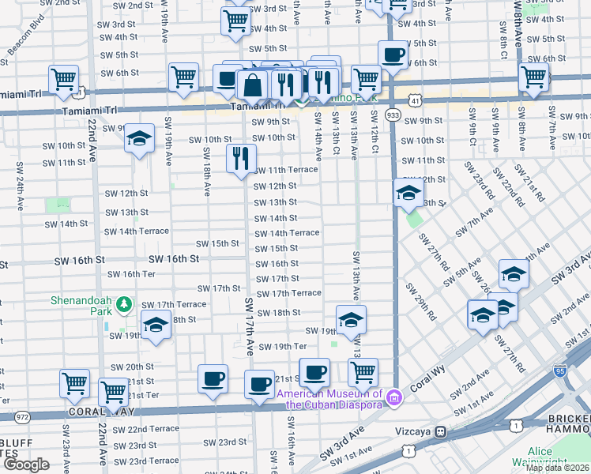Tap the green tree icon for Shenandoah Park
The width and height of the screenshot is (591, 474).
click(x=122, y=303)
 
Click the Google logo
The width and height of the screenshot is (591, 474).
click(x=26, y=465)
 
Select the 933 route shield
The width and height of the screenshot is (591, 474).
click(x=392, y=115)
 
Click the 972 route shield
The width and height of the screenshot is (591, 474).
click(x=21, y=416)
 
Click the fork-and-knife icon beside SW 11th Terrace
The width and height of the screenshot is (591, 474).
click(x=241, y=158)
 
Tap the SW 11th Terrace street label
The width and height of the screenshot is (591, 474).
click(x=284, y=170)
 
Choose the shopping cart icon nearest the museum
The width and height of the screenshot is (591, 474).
click(x=363, y=371)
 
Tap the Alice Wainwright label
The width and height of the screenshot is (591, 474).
click(x=551, y=458)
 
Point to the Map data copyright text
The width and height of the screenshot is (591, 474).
click(x=557, y=468)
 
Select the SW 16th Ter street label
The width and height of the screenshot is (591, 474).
click(x=131, y=274)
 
